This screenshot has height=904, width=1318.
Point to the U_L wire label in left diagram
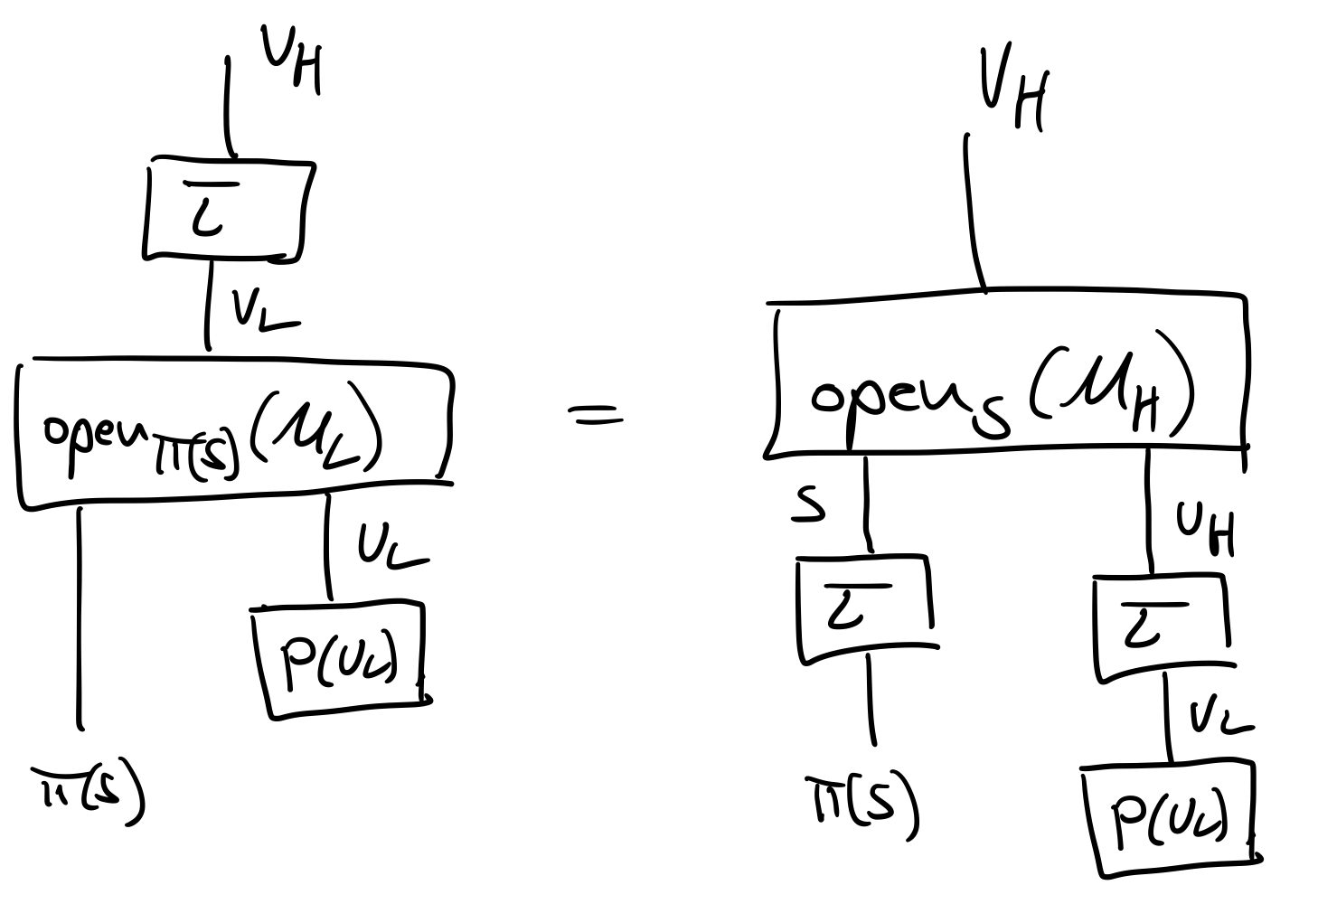click(x=389, y=544)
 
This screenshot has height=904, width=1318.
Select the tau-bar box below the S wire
click(x=864, y=607)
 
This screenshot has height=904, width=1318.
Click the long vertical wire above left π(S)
click(x=80, y=615)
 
